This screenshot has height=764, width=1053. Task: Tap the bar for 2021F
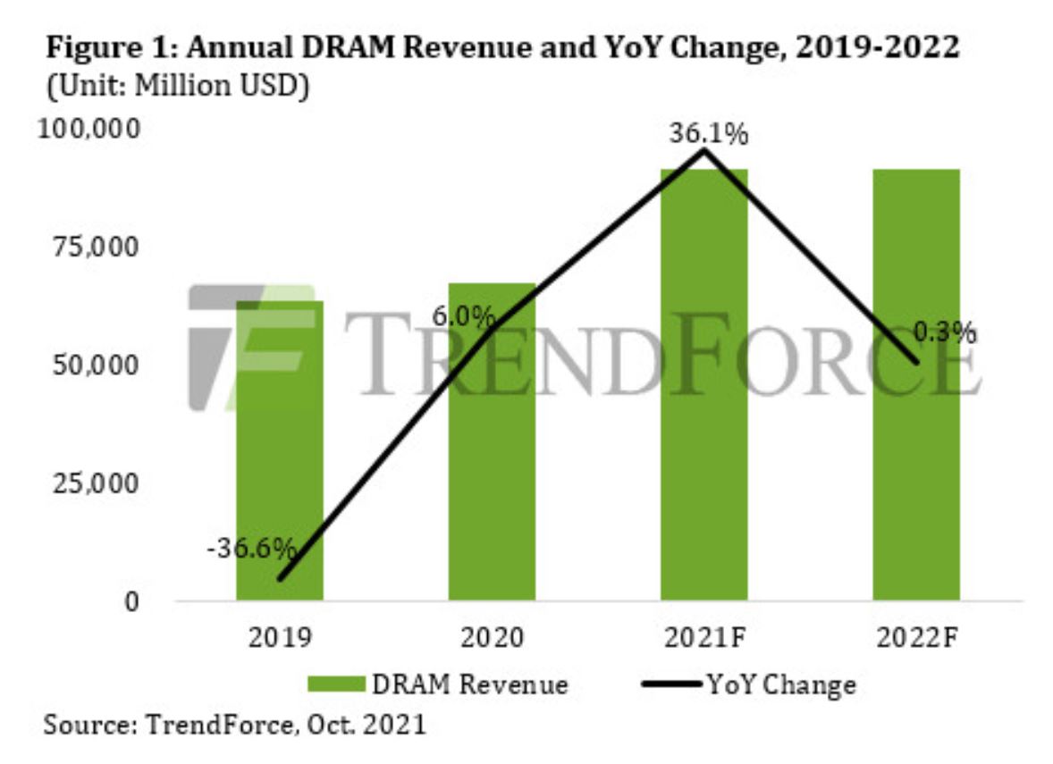tap(703, 384)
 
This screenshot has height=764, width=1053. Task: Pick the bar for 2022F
tap(915, 384)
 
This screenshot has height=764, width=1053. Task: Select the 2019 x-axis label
tap(280, 639)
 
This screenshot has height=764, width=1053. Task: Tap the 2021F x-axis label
tap(703, 639)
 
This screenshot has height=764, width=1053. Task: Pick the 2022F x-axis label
tap(917, 639)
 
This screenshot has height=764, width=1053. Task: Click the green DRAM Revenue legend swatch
tap(336, 684)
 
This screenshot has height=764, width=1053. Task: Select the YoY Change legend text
tap(780, 685)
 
